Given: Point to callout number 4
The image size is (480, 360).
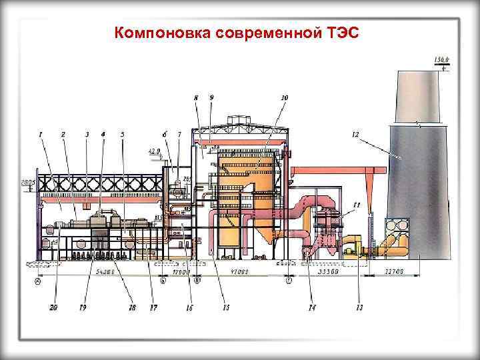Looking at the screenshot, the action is tap(103, 134).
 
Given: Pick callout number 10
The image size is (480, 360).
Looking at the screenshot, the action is tap(284, 98).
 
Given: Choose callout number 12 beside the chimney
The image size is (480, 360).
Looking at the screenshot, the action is tap(355, 135).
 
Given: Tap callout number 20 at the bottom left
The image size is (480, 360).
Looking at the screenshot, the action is tap(53, 307).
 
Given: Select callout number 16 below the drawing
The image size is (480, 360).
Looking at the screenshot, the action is tap(189, 307).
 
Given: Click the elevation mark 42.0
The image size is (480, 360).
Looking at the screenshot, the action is tap(154, 151).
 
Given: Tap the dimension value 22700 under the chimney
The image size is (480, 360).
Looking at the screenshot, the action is tap(395, 273).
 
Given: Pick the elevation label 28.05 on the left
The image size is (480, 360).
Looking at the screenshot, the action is tap(27, 182).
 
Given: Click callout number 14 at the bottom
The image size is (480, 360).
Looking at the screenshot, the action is tap(311, 307).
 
